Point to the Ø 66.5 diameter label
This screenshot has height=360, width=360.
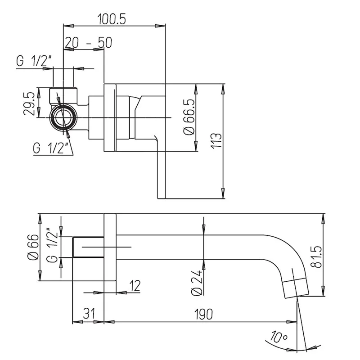click(189, 118)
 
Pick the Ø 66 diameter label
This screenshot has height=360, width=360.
click(31, 248)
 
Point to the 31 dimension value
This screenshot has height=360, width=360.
click(89, 314)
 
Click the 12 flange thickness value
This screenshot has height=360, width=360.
click(134, 285)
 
